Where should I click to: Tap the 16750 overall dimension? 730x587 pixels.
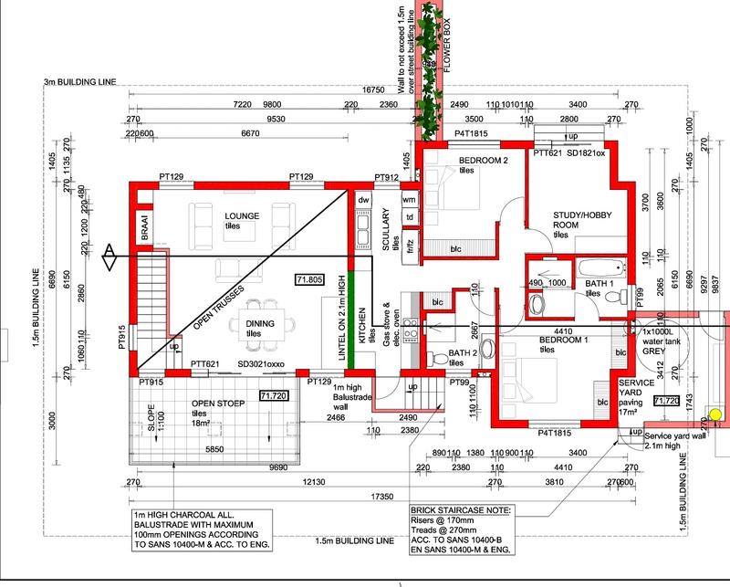coord(368,90)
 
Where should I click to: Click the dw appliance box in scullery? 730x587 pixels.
coord(363,198)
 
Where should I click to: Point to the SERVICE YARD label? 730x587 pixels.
coord(632,389)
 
